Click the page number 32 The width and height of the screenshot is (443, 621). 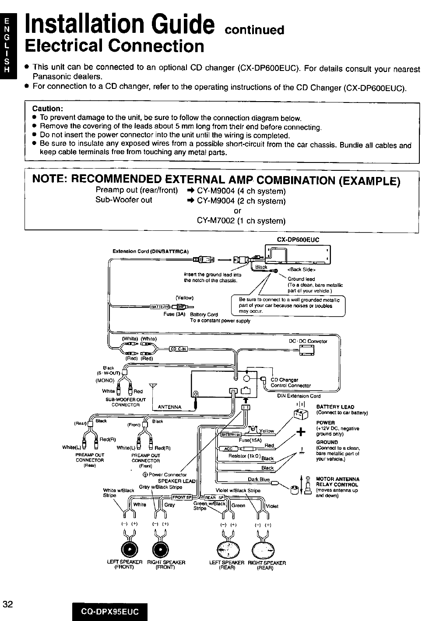[8, 605]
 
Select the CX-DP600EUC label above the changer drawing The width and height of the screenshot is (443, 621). [298, 240]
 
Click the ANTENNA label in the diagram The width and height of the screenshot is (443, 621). [169, 407]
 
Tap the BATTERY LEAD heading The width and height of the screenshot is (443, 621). [335, 407]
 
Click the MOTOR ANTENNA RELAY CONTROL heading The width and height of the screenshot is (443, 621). [338, 482]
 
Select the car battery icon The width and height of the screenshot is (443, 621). [300, 413]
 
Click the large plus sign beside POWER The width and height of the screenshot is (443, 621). [300, 432]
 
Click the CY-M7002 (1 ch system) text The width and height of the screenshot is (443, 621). [241, 220]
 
